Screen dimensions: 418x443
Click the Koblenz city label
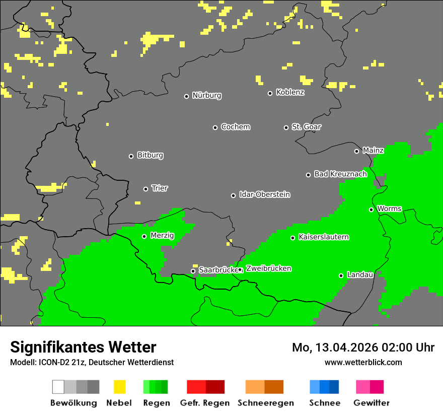290,93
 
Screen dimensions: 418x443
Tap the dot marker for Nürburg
186,96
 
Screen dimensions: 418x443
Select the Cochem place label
235,127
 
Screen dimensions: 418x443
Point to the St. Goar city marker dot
286,127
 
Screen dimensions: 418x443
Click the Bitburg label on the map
150,156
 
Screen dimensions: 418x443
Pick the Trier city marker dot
145,189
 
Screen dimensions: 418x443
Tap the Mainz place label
373,151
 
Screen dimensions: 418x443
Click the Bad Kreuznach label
340,174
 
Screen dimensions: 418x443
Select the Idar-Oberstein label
264,195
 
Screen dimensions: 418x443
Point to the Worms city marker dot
371,210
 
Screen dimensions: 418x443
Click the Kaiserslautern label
323,237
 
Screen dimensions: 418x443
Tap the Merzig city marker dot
144,236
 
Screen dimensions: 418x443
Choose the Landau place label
360,275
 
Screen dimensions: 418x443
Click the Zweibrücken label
268,269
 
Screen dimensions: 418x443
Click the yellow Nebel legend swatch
119,387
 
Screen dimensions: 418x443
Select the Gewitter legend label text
371,403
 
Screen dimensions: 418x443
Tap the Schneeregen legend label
265,403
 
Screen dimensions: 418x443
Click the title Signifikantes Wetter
83,347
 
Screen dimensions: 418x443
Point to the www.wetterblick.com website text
363,363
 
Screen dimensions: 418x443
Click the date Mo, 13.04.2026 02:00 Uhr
363,347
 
